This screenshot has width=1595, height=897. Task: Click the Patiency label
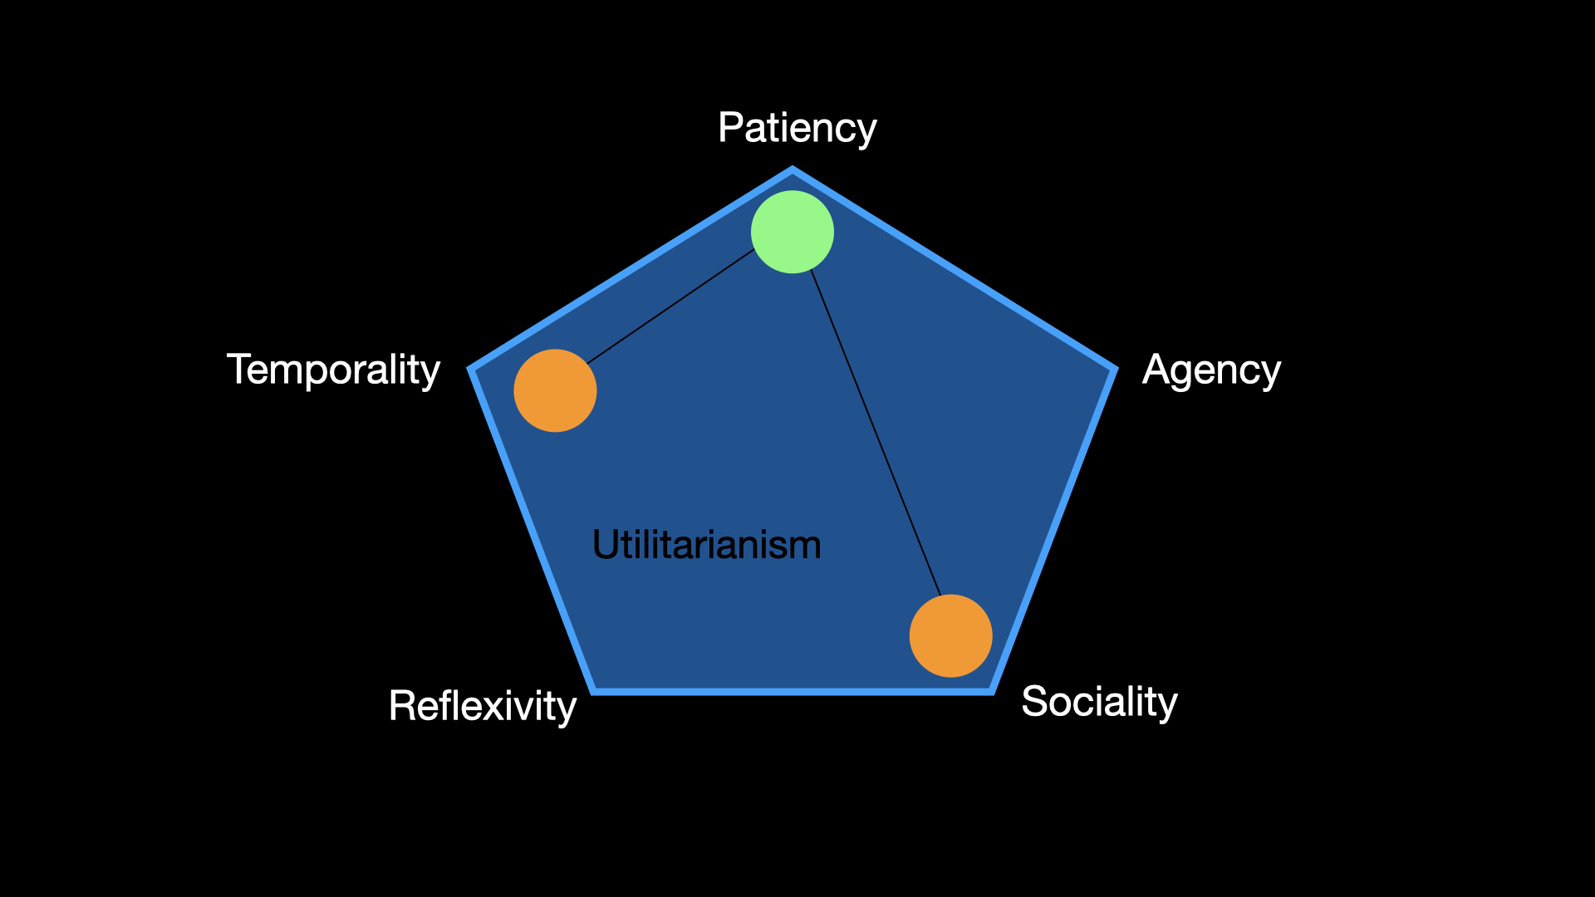tap(797, 128)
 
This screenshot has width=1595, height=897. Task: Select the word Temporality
tap(333, 370)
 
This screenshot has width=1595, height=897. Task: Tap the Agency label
tap(1211, 370)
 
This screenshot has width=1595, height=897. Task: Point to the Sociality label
tap(1099, 702)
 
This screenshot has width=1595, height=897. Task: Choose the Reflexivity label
tap(482, 706)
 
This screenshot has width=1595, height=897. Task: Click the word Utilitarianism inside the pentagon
tap(706, 545)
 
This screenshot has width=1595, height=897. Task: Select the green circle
tap(792, 232)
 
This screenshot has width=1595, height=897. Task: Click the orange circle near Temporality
tap(555, 390)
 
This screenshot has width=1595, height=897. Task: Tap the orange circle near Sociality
tap(950, 635)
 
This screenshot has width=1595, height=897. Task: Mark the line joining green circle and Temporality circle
tap(670, 306)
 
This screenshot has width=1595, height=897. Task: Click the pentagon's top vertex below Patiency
tap(792, 171)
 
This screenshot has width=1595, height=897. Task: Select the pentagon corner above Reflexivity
tap(595, 689)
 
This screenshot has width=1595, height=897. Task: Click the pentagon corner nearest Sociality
tap(991, 689)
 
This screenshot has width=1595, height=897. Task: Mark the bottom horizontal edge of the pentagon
tap(793, 690)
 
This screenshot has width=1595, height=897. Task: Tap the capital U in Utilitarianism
tap(604, 545)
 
